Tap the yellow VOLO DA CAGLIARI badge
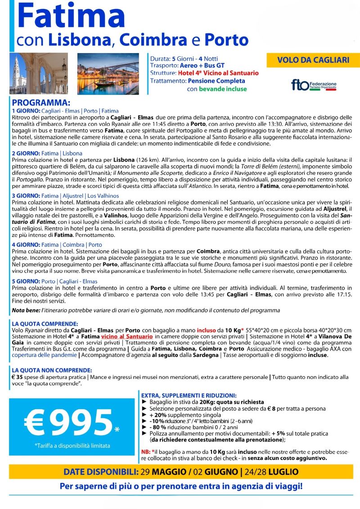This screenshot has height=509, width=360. coord(310,60)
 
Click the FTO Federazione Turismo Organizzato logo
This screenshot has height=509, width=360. coord(314,85)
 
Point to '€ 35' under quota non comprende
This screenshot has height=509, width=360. coord(17,377)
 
